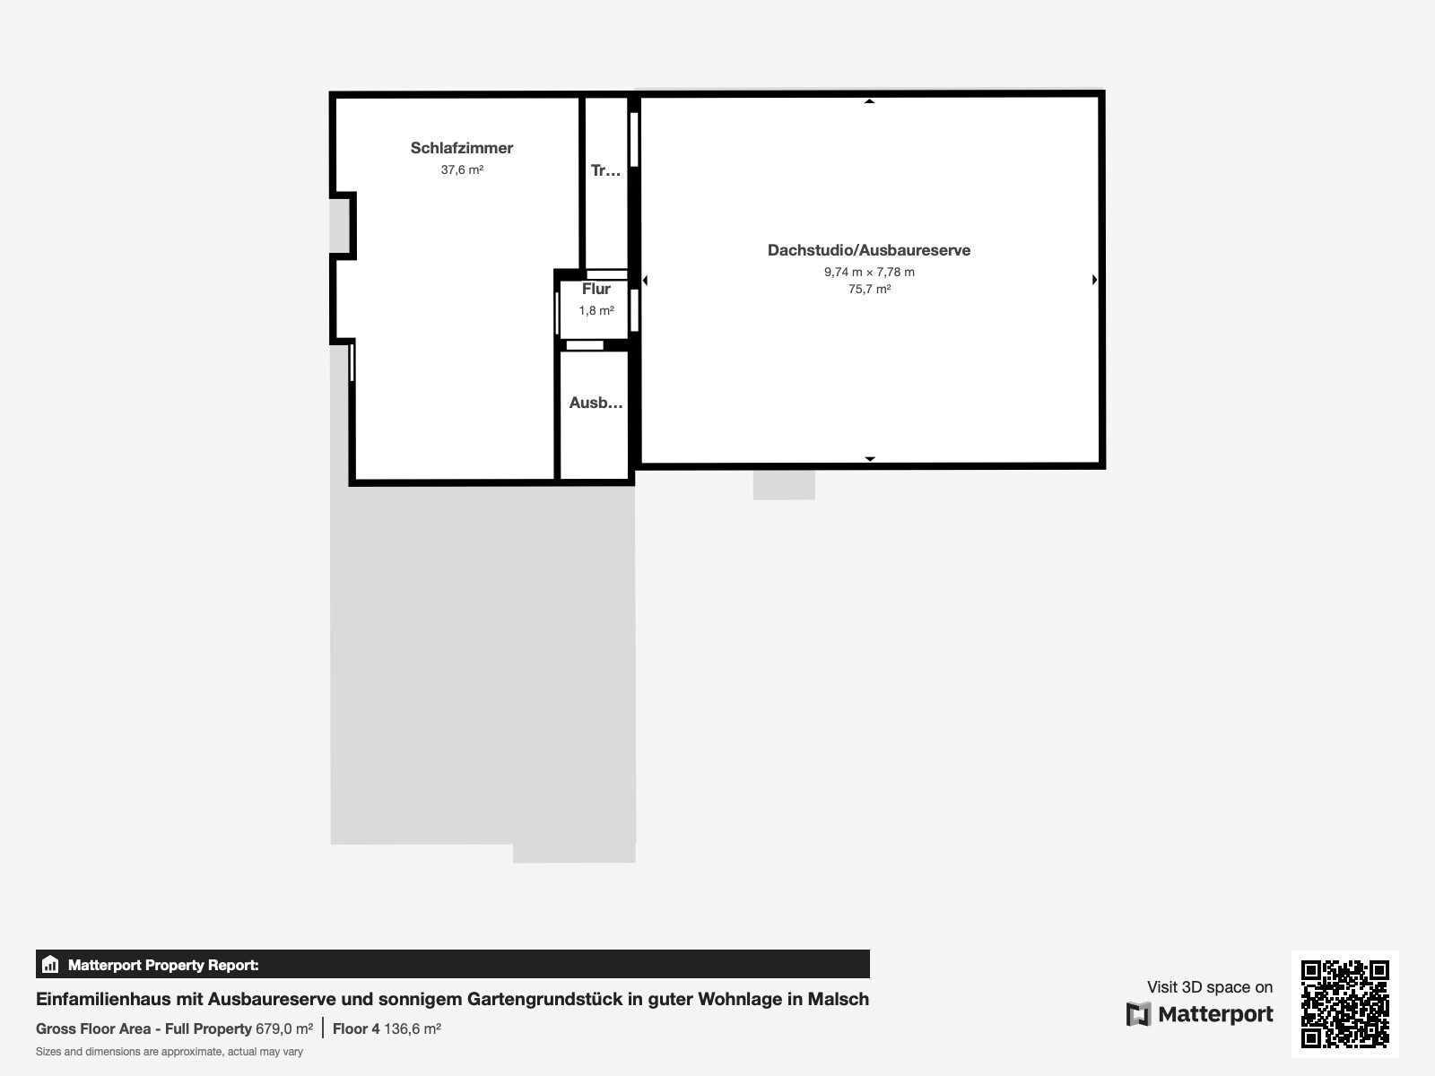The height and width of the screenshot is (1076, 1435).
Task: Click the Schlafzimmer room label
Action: [462, 148]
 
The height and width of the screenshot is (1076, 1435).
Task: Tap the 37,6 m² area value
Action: [462, 169]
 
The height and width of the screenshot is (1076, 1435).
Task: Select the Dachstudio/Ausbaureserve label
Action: [869, 250]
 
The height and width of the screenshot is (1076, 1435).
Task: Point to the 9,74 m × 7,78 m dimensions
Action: [869, 272]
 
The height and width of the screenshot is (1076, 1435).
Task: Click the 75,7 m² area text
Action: [869, 289]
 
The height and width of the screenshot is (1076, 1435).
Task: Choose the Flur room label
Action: [596, 289]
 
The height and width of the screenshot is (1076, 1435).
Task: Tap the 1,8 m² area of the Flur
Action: [596, 310]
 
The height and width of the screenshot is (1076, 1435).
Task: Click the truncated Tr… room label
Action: [605, 170]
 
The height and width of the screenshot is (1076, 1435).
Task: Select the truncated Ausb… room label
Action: [596, 403]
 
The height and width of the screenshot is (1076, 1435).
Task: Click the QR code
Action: [1344, 1004]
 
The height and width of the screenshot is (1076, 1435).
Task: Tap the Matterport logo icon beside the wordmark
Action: [1138, 1014]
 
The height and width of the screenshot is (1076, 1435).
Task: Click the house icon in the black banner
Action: [50, 964]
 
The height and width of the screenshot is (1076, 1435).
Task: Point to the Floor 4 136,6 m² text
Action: [387, 1029]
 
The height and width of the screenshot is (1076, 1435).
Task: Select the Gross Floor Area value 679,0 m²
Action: [284, 1029]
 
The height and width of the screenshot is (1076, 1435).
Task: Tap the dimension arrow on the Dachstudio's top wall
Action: [869, 101]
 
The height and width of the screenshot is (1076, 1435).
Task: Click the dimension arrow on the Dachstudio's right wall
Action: [1094, 280]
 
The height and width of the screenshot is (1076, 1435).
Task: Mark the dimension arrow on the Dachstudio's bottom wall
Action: [869, 458]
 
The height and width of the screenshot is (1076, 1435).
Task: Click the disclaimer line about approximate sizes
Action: [170, 1052]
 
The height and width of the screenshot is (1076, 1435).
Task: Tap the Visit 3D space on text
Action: [1210, 987]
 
